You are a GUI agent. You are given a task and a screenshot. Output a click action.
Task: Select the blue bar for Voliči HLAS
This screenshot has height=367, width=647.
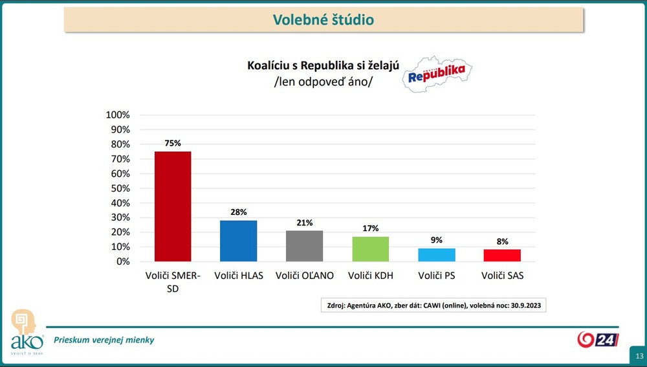click(x=238, y=241)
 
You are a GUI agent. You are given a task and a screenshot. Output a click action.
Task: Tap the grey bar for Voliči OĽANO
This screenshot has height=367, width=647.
click(x=304, y=246)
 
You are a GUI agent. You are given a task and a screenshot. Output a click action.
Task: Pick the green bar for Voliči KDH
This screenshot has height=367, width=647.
click(x=370, y=249)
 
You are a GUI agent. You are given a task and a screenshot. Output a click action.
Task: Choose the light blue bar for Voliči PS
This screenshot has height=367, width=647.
click(x=436, y=255)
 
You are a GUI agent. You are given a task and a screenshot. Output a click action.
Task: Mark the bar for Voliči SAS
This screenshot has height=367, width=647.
click(x=501, y=256)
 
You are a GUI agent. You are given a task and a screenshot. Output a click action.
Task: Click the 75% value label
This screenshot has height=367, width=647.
click(x=173, y=143)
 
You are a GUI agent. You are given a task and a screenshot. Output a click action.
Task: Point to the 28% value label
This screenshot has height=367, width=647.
click(x=238, y=212)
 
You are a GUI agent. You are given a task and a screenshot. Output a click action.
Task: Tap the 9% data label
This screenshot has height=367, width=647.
click(x=437, y=240)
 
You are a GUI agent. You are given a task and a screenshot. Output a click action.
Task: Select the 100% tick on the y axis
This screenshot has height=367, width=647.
click(x=118, y=115)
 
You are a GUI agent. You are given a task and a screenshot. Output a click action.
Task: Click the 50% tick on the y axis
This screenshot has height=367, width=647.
click(x=120, y=188)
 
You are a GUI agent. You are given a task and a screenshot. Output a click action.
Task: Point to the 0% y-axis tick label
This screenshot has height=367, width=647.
click(x=122, y=261)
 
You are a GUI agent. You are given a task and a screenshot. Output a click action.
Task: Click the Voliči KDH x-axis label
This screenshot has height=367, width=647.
click(x=370, y=276)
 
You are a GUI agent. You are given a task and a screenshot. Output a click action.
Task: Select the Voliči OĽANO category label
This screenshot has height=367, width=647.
click(x=304, y=276)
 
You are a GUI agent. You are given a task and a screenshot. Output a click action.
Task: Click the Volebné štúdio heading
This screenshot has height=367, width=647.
click(x=323, y=20)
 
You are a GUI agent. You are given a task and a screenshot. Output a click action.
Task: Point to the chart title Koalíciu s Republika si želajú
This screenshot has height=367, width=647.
click(x=323, y=65)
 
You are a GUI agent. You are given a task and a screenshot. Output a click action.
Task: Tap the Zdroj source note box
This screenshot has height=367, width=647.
click(x=433, y=305)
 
